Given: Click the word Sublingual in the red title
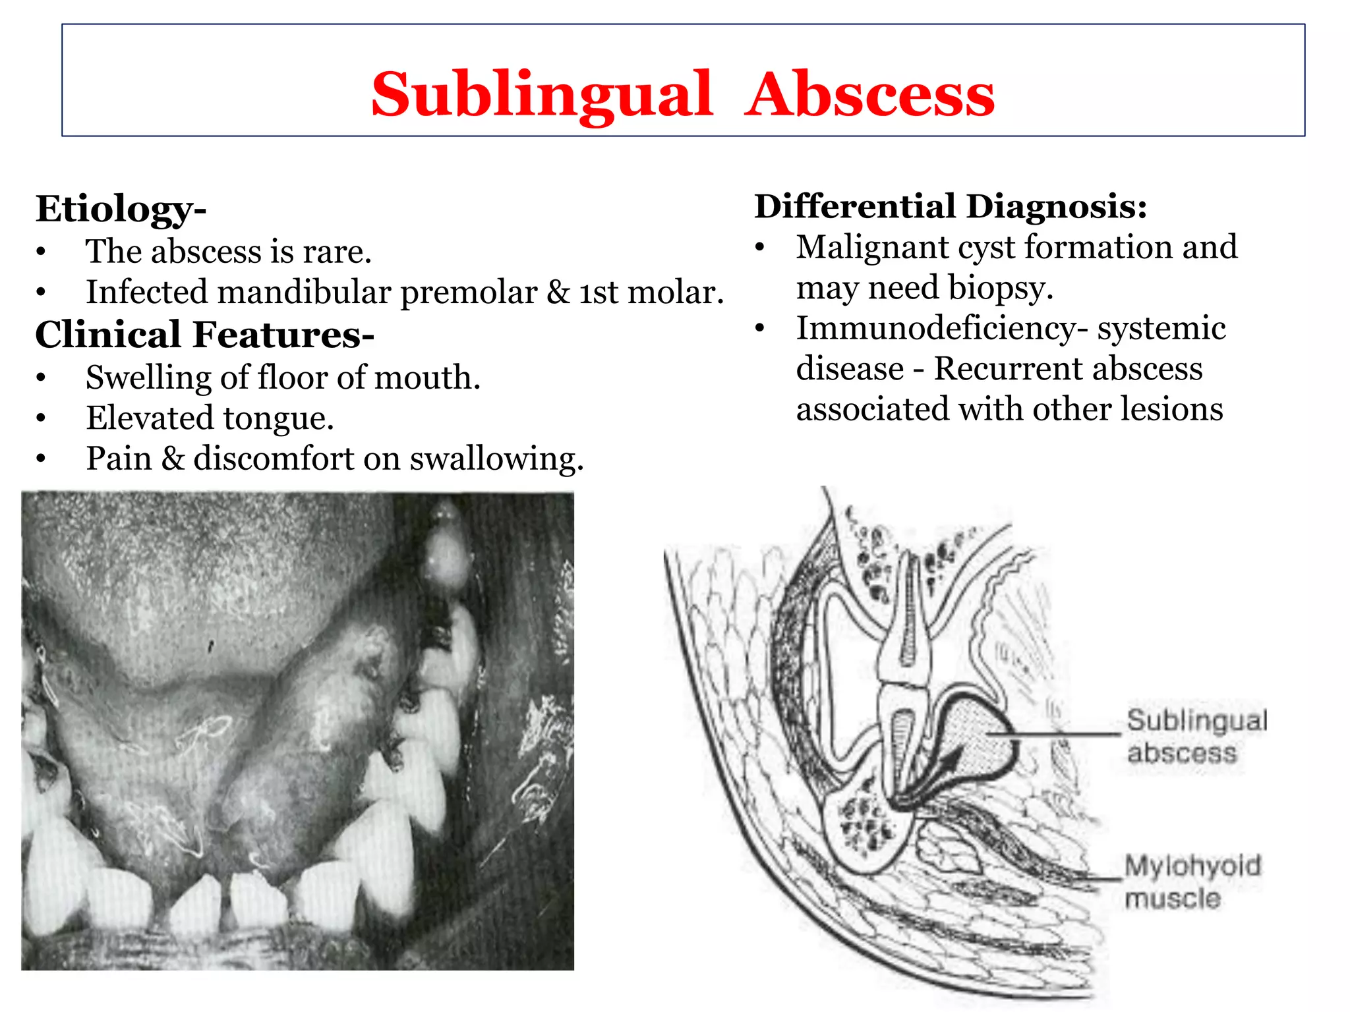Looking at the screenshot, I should pos(542,96).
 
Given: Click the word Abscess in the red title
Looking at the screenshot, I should pos(869,96).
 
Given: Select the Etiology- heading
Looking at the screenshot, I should pos(121,210).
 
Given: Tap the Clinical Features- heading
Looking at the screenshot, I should pos(204,335).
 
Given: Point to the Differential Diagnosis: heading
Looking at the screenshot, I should pos(951,206).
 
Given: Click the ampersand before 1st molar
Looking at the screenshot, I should pos(558,292).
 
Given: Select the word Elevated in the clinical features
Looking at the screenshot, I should pos(150,418).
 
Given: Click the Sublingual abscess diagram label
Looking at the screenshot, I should pos(1196,737).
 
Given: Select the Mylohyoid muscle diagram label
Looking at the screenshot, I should pos(1192,882).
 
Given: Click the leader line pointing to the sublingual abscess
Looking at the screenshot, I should pos(1055,733).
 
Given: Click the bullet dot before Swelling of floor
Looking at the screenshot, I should pos(41,378).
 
